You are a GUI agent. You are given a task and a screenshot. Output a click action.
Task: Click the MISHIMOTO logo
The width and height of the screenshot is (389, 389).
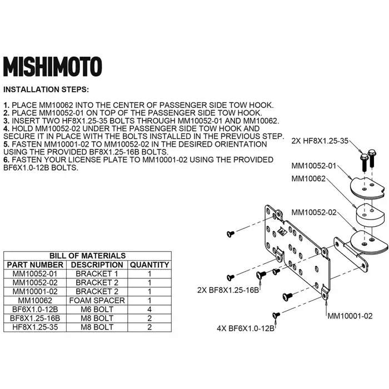(53, 67)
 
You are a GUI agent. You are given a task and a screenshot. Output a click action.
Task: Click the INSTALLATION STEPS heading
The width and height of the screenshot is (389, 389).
(46, 89)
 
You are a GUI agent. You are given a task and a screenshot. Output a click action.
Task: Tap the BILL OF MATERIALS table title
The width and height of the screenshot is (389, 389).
(87, 256)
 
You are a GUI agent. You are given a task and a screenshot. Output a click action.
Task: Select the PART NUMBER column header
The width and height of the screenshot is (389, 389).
(35, 265)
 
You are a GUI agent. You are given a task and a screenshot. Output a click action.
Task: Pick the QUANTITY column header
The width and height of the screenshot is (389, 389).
(149, 265)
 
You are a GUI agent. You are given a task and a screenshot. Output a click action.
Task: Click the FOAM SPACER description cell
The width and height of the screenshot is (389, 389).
(97, 301)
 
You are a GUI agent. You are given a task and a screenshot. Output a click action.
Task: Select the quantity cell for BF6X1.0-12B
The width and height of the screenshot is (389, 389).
(149, 310)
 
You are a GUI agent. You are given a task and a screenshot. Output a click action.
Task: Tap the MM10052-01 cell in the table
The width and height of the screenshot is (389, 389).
(35, 273)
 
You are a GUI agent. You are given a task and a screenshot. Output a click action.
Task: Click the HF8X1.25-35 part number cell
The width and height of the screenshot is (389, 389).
(35, 327)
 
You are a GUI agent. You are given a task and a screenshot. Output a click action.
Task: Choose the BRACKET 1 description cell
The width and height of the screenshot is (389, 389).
(97, 273)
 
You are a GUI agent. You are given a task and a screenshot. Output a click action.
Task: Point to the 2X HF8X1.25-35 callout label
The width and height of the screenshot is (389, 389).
(320, 141)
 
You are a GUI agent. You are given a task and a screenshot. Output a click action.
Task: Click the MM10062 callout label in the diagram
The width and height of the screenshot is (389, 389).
(308, 178)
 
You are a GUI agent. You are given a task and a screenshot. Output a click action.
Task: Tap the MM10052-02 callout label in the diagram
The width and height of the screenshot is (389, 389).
(314, 213)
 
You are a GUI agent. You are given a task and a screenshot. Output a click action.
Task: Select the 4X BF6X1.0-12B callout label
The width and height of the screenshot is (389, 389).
(246, 329)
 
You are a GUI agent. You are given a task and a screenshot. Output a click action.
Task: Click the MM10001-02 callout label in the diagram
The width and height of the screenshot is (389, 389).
(350, 316)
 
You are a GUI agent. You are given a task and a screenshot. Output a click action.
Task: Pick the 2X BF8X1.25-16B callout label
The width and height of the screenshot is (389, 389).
(228, 290)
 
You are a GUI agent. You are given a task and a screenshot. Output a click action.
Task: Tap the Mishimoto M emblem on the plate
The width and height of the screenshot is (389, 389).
(282, 231)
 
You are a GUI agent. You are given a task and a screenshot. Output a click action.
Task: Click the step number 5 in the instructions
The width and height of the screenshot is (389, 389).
(6, 144)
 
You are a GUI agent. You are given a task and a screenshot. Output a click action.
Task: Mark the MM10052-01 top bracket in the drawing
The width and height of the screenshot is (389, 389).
(368, 188)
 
